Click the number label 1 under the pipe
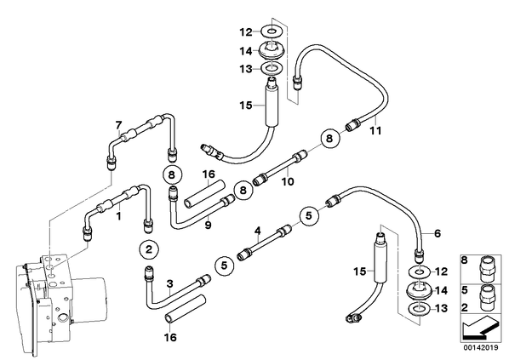point(119,215)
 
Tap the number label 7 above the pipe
point(118,125)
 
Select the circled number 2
point(149,249)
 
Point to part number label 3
point(169,284)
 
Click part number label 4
point(258,231)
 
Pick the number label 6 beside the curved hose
point(438,233)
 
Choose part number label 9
point(208,225)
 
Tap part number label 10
point(288,181)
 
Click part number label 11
point(375,131)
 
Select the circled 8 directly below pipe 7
point(172,175)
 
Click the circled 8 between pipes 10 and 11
point(329,139)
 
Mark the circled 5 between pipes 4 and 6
point(309,215)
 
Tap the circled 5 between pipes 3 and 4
point(225,266)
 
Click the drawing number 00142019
point(480,347)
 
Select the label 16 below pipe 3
point(170,337)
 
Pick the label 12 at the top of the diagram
point(246,32)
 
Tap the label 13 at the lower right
point(441,308)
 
